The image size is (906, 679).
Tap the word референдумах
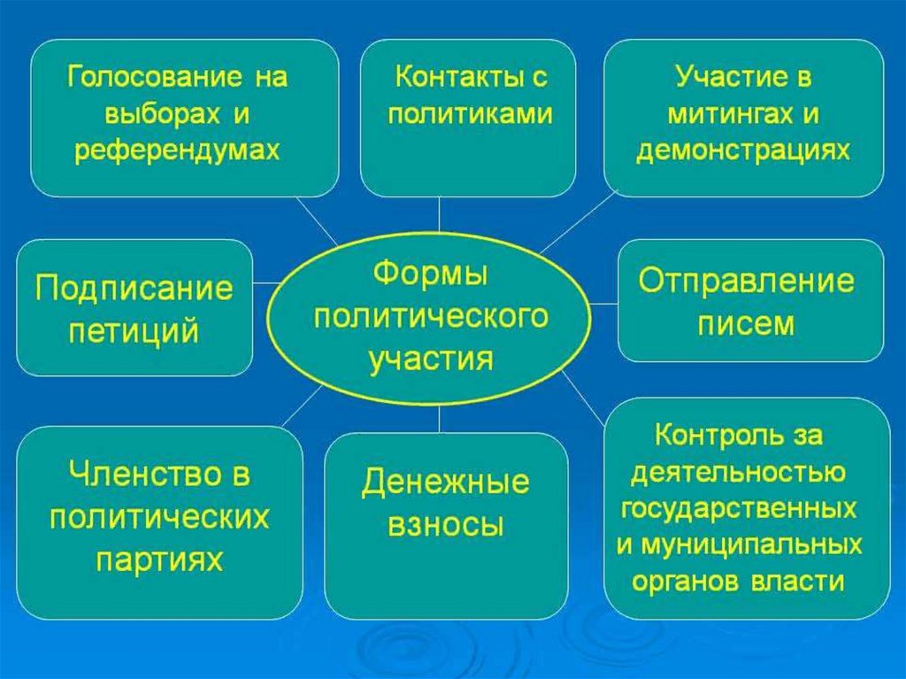[x=177, y=151]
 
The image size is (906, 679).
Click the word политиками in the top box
[x=470, y=113]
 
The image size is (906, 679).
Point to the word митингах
[x=730, y=114]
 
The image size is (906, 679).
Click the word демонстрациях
[x=743, y=151]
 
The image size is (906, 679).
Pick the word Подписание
[x=134, y=288]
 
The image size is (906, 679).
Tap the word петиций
[x=134, y=331]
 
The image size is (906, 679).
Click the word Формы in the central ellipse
[x=430, y=274]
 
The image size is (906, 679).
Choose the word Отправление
[x=746, y=282]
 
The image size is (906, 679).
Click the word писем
[x=746, y=325]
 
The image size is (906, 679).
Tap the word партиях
[x=159, y=559]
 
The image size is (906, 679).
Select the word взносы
[x=446, y=526]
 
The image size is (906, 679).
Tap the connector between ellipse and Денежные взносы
[x=439, y=420]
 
